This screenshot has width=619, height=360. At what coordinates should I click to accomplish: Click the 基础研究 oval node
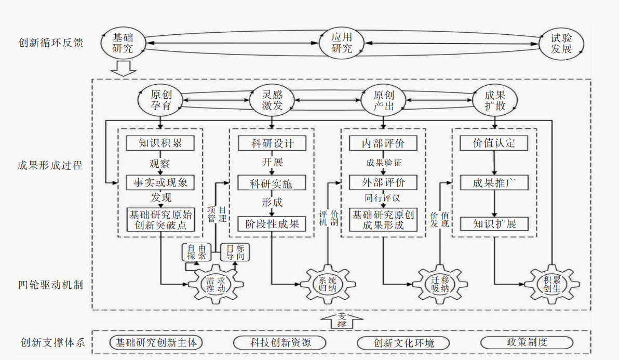tap(123, 43)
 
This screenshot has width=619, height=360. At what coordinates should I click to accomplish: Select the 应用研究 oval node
tap(342, 43)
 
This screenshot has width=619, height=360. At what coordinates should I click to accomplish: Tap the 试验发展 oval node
tap(561, 44)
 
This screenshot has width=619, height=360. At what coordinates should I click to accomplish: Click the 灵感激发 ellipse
tap(272, 100)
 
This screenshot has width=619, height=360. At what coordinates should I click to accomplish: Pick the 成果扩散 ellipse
tap(495, 100)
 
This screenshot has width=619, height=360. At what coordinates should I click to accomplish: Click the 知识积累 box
tap(160, 143)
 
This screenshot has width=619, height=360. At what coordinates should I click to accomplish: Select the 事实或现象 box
tap(160, 182)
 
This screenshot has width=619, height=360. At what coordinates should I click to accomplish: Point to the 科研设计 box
tap(272, 143)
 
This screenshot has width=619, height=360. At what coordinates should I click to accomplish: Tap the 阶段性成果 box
tap(272, 224)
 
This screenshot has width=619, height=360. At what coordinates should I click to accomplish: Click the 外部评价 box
tap(383, 182)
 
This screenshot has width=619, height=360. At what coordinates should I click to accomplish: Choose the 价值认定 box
tap(494, 143)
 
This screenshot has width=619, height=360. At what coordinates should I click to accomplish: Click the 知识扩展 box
tap(494, 224)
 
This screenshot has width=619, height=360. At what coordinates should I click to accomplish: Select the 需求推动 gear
tap(216, 284)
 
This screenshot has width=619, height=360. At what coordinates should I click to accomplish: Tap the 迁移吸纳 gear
tap(440, 284)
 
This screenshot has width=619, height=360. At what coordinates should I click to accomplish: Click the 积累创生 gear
tap(552, 284)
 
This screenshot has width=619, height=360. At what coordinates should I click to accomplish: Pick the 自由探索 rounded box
tap(196, 252)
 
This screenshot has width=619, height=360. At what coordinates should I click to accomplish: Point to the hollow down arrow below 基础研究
tap(123, 68)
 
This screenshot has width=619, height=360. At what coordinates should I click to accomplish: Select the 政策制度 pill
tap(527, 342)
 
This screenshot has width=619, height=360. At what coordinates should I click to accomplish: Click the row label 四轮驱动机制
tap(50, 285)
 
